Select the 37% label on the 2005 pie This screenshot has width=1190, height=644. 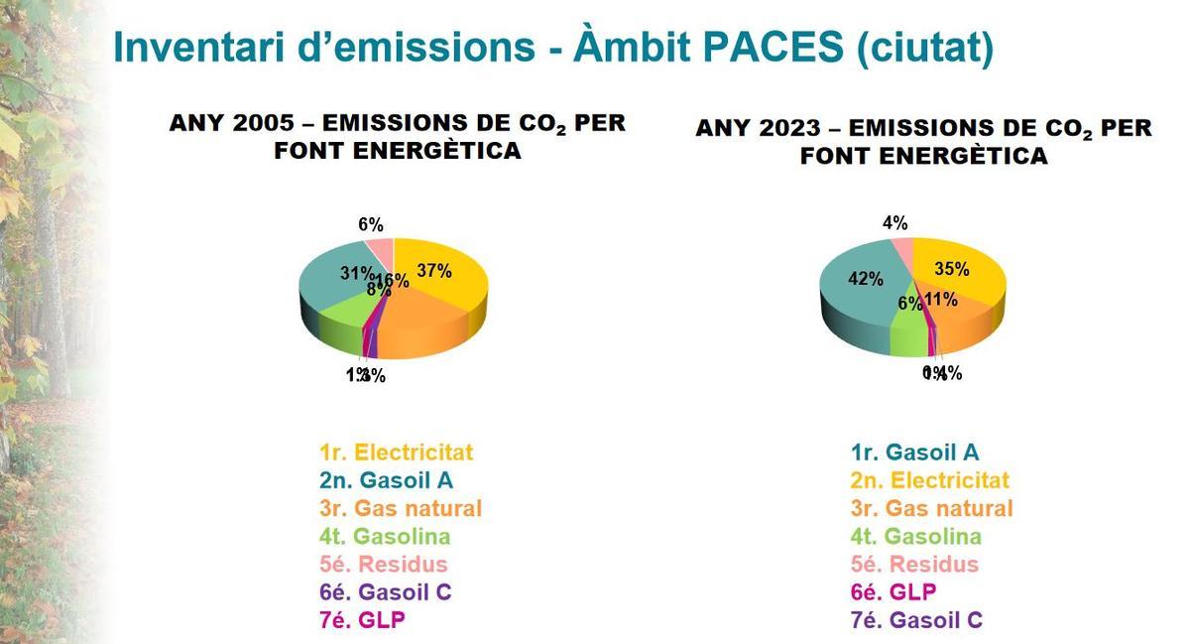(x=434, y=270)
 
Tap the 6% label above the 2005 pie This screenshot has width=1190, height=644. (x=371, y=224)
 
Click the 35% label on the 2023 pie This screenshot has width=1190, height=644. (x=952, y=268)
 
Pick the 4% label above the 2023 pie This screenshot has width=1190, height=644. (x=894, y=223)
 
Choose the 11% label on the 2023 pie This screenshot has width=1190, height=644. (x=940, y=300)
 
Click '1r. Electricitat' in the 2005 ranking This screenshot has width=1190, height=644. (x=396, y=452)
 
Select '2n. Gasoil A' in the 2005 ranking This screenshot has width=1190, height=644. (x=386, y=480)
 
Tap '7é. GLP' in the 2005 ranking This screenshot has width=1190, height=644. (x=362, y=620)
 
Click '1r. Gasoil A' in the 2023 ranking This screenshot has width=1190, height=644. (x=914, y=452)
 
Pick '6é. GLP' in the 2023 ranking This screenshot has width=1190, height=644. (x=893, y=592)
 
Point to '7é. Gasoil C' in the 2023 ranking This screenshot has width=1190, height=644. (x=916, y=620)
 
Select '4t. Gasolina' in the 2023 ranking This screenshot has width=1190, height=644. (x=915, y=537)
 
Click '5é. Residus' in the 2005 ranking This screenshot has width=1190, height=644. (x=383, y=565)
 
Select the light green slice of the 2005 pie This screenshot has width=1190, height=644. (x=339, y=320)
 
